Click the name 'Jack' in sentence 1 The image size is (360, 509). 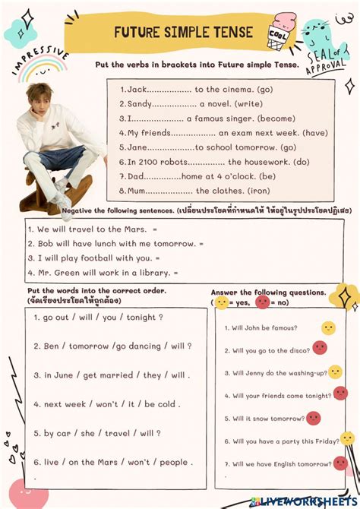[136, 90]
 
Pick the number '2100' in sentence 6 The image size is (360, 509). [153, 162]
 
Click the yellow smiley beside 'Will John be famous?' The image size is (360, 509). [328, 328]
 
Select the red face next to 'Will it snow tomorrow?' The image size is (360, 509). [314, 418]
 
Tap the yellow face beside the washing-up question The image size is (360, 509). [335, 372]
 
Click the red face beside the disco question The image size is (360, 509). [320, 348]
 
